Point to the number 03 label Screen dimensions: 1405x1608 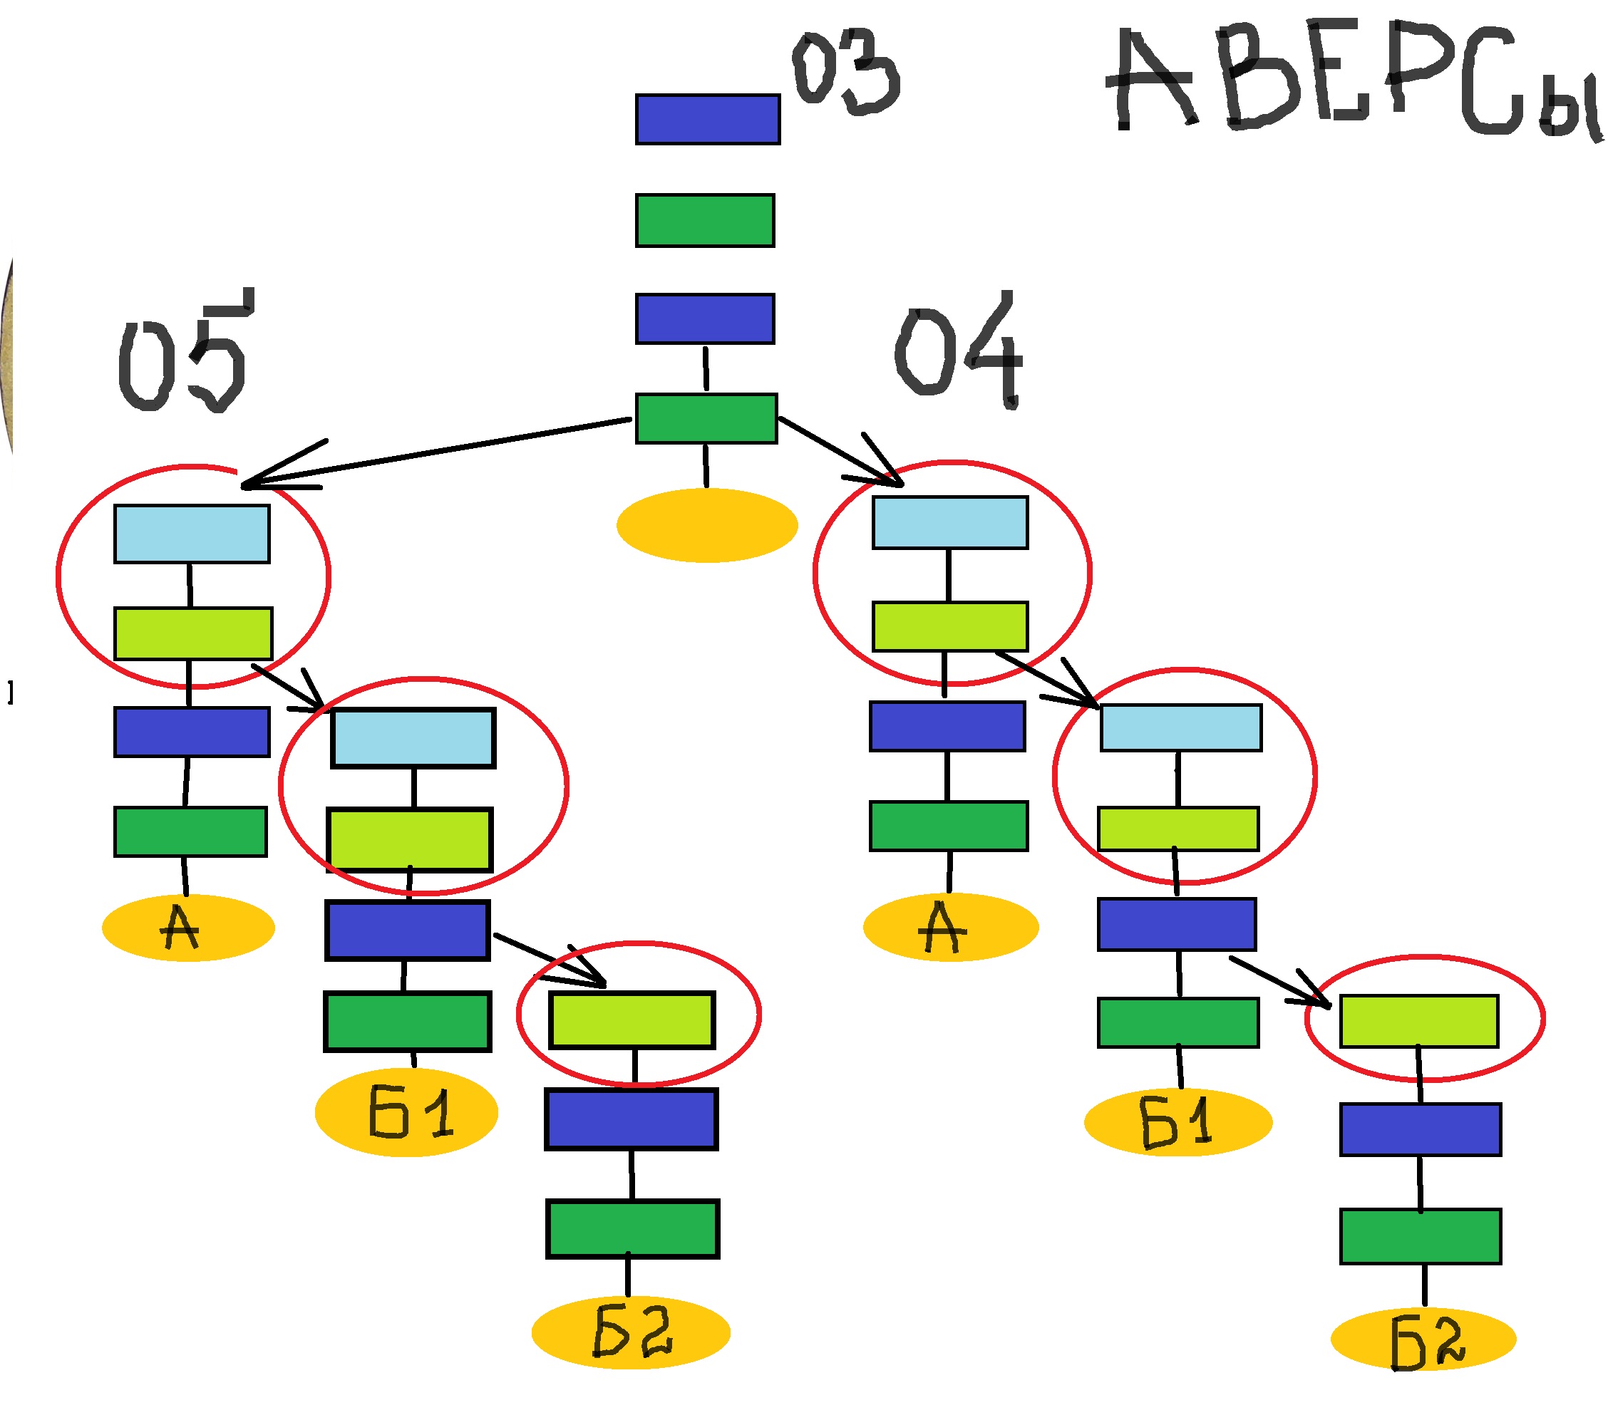tap(845, 73)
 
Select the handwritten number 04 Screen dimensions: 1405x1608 tap(959, 353)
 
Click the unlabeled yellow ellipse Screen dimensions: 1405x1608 tap(707, 524)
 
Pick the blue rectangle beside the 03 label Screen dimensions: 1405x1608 tap(707, 119)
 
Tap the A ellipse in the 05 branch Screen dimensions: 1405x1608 tap(188, 928)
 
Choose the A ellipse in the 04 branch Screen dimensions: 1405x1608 tap(950, 928)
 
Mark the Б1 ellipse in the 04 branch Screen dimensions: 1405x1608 tap(1177, 1122)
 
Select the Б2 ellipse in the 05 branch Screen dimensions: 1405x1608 tap(631, 1332)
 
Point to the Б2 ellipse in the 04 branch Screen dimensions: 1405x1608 tap(1423, 1340)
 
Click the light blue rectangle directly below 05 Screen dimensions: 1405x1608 tap(192, 534)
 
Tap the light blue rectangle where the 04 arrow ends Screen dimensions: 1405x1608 tap(950, 522)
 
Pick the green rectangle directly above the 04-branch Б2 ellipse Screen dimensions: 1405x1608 tap(1420, 1236)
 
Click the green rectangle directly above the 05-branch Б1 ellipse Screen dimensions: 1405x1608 tap(407, 1022)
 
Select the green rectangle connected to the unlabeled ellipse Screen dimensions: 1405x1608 tap(706, 419)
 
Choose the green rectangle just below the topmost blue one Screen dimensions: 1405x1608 tap(704, 220)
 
